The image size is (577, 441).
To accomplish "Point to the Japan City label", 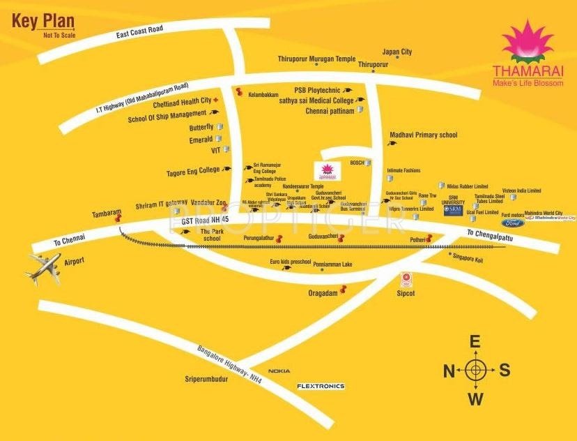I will point(397,52).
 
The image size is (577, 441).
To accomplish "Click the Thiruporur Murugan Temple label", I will point(316,59).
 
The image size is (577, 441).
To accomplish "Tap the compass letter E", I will point(475,342).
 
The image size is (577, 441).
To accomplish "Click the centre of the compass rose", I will point(475,370).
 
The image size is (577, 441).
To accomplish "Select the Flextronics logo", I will point(321,386).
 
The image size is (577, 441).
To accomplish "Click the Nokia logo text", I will point(279,371).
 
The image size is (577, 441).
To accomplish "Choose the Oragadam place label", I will point(322,293).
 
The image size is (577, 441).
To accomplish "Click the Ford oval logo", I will point(513,223).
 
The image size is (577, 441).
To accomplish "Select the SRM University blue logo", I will point(453,210).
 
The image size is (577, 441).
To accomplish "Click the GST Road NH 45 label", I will point(205,221).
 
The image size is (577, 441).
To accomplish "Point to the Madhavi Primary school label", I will point(423,135).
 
